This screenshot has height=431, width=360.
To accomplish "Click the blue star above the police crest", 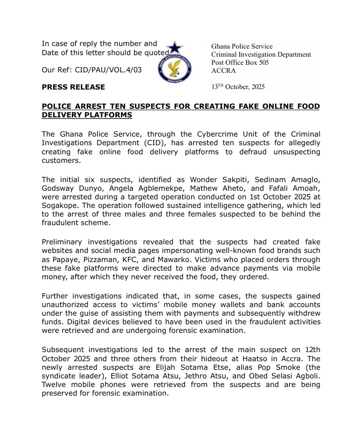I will coord(174,48).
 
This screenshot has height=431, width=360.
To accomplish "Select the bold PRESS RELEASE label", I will coord(73,87).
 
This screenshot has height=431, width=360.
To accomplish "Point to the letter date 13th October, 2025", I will coord(238,87).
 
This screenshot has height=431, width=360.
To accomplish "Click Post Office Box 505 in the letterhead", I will coord(240,63).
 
